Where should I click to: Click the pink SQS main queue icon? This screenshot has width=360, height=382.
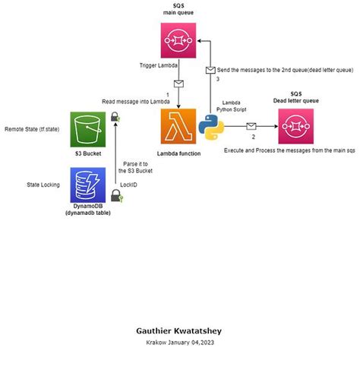(179, 38)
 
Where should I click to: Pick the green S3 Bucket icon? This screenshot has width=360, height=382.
(87, 130)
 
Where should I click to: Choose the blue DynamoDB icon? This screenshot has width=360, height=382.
(87, 184)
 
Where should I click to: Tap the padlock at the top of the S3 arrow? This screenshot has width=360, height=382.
(115, 117)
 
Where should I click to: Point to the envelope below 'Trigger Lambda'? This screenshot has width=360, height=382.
(178, 84)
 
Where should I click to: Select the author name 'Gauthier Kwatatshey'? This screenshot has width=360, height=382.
(178, 331)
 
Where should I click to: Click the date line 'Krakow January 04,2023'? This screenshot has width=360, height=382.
(179, 343)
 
